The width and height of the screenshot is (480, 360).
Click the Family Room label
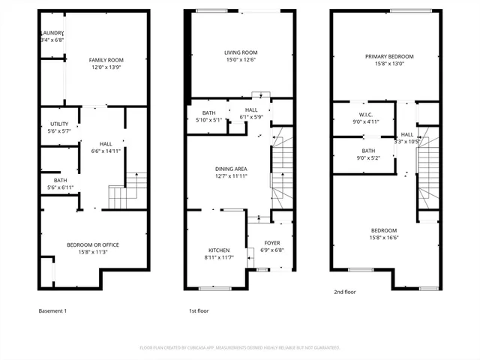(x=106, y=64)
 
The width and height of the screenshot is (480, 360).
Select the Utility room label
(x=60, y=127)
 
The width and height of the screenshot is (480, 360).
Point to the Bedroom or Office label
(x=93, y=248)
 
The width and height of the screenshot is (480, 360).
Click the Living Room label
(x=241, y=56)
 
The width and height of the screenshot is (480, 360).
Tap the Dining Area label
(x=231, y=173)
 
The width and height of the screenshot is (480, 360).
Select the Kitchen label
(x=219, y=253)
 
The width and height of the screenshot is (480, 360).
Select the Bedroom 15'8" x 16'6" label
(x=383, y=234)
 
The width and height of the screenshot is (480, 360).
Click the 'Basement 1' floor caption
(x=53, y=310)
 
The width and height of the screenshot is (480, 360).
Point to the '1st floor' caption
(x=198, y=310)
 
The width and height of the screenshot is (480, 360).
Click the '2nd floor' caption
(x=345, y=292)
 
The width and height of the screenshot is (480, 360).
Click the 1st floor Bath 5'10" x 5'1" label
(x=208, y=116)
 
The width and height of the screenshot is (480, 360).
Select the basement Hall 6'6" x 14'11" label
(x=106, y=147)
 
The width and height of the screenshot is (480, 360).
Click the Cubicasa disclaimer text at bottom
(x=240, y=347)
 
